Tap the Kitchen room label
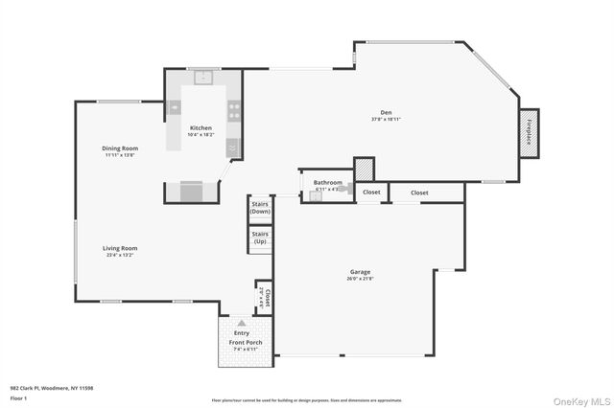201,127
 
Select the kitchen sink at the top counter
203,78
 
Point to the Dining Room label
122,148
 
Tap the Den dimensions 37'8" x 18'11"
387,119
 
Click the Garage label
360,271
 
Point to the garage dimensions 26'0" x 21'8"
360,280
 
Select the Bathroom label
327,181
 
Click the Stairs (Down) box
260,207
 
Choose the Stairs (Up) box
260,238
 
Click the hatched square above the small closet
364,169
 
